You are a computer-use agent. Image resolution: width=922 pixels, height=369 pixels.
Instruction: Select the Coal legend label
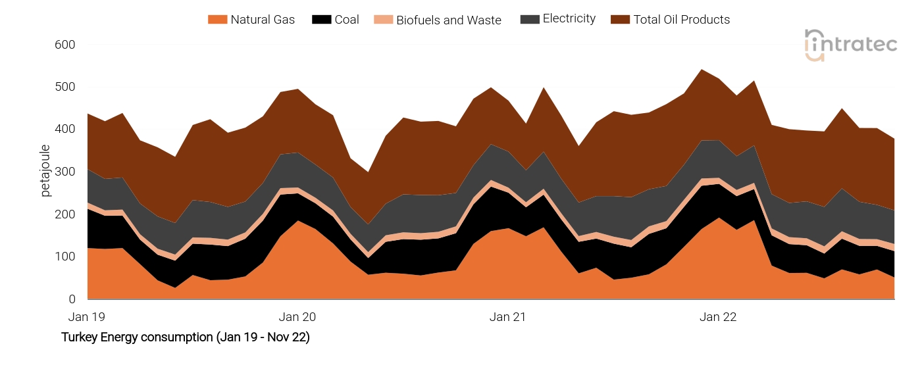tap(347, 20)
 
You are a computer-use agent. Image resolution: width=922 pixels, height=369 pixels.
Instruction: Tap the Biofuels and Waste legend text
tap(448, 20)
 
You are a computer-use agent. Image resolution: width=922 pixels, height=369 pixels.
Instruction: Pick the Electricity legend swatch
tap(528, 20)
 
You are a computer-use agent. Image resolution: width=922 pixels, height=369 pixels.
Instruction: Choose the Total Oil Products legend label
tap(681, 20)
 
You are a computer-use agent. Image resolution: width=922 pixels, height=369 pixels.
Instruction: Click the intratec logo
tap(850, 45)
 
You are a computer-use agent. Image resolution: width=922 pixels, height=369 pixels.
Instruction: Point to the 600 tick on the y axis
tap(65, 45)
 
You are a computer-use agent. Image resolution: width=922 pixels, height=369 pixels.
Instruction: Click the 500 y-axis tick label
tap(65, 87)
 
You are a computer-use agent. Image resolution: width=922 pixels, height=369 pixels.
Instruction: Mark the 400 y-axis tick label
tap(65, 130)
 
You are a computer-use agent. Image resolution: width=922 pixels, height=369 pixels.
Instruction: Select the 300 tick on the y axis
tap(65, 172)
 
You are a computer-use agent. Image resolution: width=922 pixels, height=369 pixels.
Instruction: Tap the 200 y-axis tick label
tap(65, 214)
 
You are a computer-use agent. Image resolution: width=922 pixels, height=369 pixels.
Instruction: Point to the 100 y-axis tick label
tap(65, 257)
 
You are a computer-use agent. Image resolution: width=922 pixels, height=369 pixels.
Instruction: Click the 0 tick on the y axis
tap(72, 299)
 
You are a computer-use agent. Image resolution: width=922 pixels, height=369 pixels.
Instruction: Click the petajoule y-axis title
tap(45, 170)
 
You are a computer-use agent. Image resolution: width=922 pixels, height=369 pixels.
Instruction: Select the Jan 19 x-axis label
tap(87, 317)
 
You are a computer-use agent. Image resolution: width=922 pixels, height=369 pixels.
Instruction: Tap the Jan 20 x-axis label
tap(297, 317)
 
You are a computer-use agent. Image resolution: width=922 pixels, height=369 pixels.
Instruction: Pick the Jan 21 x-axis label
tap(507, 317)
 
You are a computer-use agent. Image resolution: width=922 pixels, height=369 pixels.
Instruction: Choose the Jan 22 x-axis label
tap(718, 317)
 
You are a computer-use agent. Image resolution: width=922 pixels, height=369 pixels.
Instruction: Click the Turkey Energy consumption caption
tap(185, 337)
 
